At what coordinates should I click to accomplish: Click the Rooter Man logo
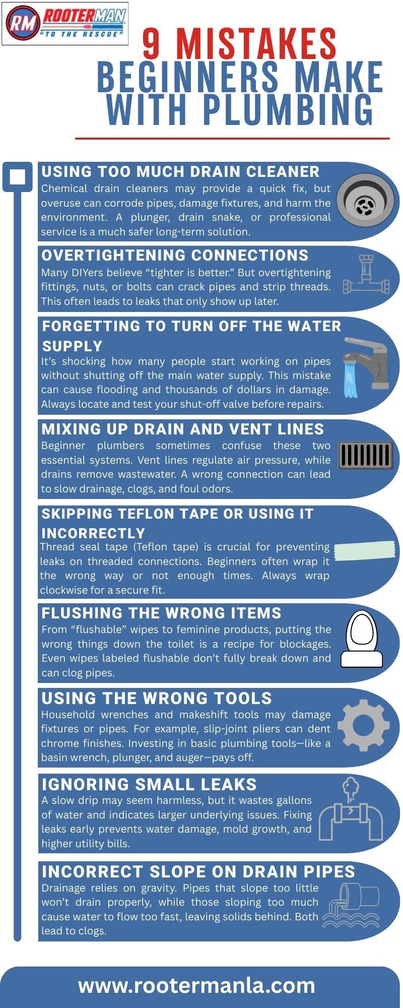(65, 24)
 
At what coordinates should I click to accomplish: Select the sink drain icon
(365, 201)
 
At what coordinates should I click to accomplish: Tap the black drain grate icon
(365, 455)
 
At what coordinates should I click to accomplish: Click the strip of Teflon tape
(365, 550)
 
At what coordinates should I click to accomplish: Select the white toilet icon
(362, 639)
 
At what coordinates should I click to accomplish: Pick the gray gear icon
(363, 725)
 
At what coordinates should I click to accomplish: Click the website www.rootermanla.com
(196, 985)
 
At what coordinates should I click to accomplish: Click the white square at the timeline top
(18, 177)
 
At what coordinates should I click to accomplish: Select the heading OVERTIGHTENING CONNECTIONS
(175, 255)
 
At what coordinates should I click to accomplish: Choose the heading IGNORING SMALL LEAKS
(149, 784)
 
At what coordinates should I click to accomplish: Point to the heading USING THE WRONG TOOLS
(157, 698)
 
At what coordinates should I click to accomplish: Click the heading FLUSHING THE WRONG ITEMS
(161, 613)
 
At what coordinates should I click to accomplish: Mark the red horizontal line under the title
(232, 138)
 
